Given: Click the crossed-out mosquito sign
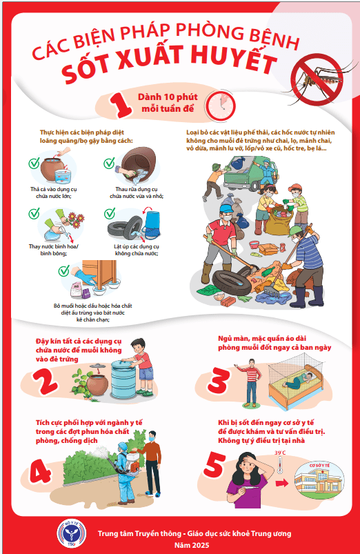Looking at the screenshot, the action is coord(317,80).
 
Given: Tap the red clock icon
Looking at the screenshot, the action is coord(221,106).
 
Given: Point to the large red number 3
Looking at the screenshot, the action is coord(219,380).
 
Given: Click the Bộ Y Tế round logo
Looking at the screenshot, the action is coord(72,533).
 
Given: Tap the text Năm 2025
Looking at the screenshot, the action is coord(192,545).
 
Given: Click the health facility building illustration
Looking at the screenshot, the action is coord(319,478).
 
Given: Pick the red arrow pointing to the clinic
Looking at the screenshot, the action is coord(282,482).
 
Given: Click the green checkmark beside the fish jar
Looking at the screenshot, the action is coord(34,164).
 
